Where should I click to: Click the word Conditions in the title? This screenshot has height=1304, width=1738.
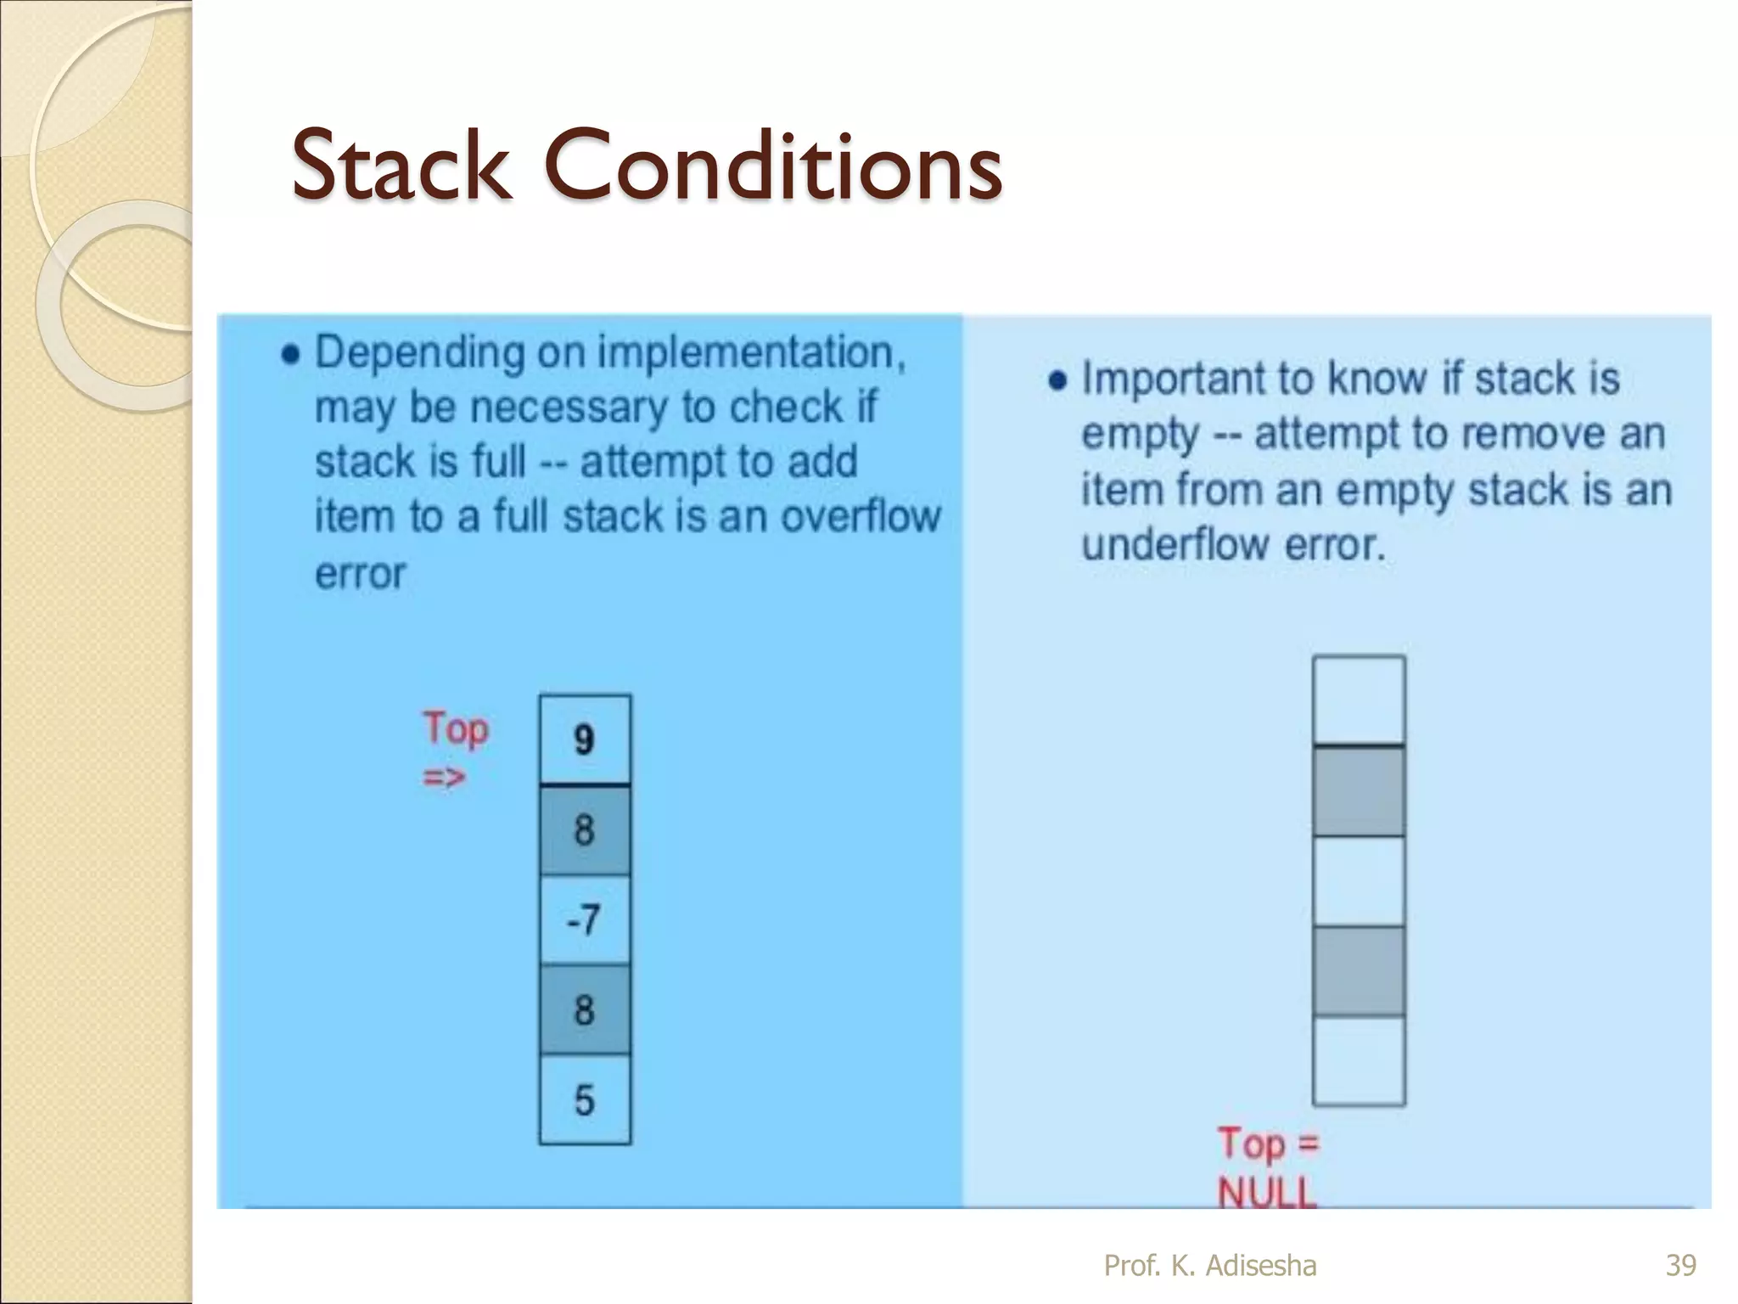772,166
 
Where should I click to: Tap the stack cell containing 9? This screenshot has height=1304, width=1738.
585,739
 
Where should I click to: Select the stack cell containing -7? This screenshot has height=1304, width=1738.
585,919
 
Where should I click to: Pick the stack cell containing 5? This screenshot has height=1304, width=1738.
585,1100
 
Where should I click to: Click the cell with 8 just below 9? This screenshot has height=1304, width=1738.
585,829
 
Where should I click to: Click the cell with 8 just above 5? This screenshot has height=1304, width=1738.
585,1010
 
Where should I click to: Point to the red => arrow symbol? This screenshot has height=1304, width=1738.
444,777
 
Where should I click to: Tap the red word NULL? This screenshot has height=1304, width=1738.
1267,1193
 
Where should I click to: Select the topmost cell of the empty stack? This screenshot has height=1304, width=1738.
1359,700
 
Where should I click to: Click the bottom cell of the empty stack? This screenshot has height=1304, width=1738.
1359,1060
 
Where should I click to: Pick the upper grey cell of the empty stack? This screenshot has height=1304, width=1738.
1359,791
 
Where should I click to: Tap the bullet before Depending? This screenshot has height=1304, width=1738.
290,355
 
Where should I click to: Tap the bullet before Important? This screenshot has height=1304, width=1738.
1057,380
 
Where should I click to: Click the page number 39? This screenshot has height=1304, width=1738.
1680,1265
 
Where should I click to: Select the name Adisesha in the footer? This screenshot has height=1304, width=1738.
1261,1265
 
